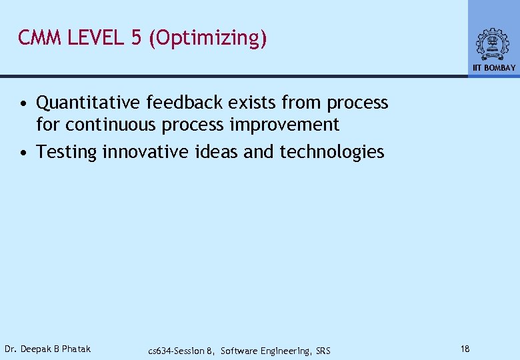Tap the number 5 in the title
pyautogui.click(x=136, y=38)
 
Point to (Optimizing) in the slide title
pyautogui.click(x=208, y=39)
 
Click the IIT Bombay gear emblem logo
pyautogui.click(x=493, y=44)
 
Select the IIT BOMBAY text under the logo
pyautogui.click(x=494, y=68)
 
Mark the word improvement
pyautogui.click(x=293, y=125)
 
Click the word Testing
pyautogui.click(x=67, y=152)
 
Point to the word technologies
pyautogui.click(x=332, y=152)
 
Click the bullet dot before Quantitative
pyautogui.click(x=23, y=104)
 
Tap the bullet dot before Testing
pyautogui.click(x=23, y=153)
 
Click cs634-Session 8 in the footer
pyautogui.click(x=181, y=351)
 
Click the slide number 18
pyautogui.click(x=465, y=349)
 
